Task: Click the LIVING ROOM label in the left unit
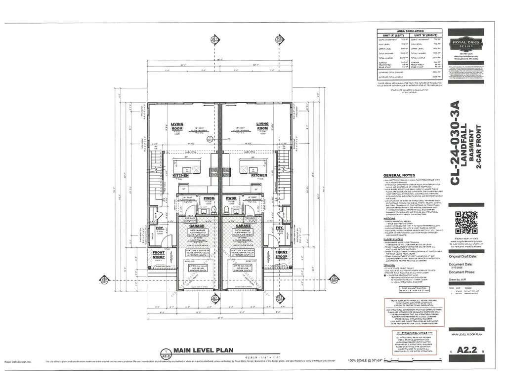tap(177, 126)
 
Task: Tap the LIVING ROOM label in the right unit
tap(262, 126)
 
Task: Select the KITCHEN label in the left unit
tap(180, 175)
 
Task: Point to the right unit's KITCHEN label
tap(259, 175)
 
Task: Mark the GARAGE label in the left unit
tap(197, 226)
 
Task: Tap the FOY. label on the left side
tap(160, 228)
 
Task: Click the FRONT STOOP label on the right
tap(281, 254)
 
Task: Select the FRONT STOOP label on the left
tap(158, 254)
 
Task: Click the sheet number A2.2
tap(466, 351)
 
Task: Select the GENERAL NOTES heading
tap(399, 175)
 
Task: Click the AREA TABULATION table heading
tap(410, 31)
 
